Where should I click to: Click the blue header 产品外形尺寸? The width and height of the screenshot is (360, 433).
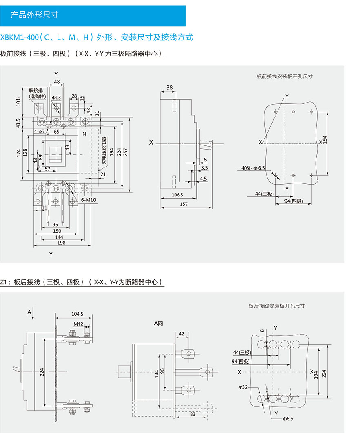(x=35, y=15)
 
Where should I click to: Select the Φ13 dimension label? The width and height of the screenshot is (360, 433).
(x=56, y=97)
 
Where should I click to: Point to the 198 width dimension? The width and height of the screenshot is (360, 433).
(x=61, y=243)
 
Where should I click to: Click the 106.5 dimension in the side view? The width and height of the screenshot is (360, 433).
(x=178, y=195)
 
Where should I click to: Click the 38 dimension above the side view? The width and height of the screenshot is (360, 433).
(x=169, y=87)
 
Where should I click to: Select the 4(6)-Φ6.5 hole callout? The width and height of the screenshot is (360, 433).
(x=253, y=168)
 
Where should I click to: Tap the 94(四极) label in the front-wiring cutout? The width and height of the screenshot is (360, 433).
(x=293, y=201)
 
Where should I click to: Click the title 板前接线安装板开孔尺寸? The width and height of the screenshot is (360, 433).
(x=284, y=76)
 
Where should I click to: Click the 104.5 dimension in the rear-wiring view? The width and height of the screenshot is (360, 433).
(x=77, y=314)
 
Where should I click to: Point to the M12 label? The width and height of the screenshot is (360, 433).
(x=78, y=324)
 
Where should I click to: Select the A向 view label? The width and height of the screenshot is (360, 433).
(x=158, y=323)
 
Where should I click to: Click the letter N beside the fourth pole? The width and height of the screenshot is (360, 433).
(x=84, y=134)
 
